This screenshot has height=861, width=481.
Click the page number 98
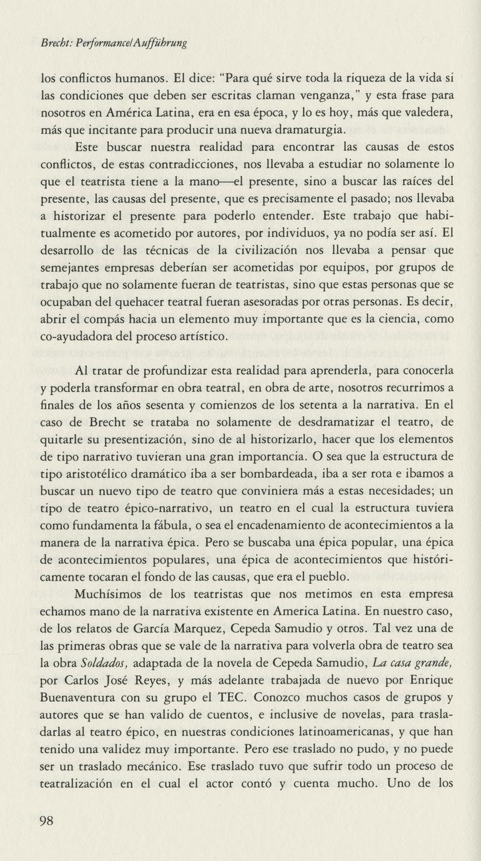click(47, 821)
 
